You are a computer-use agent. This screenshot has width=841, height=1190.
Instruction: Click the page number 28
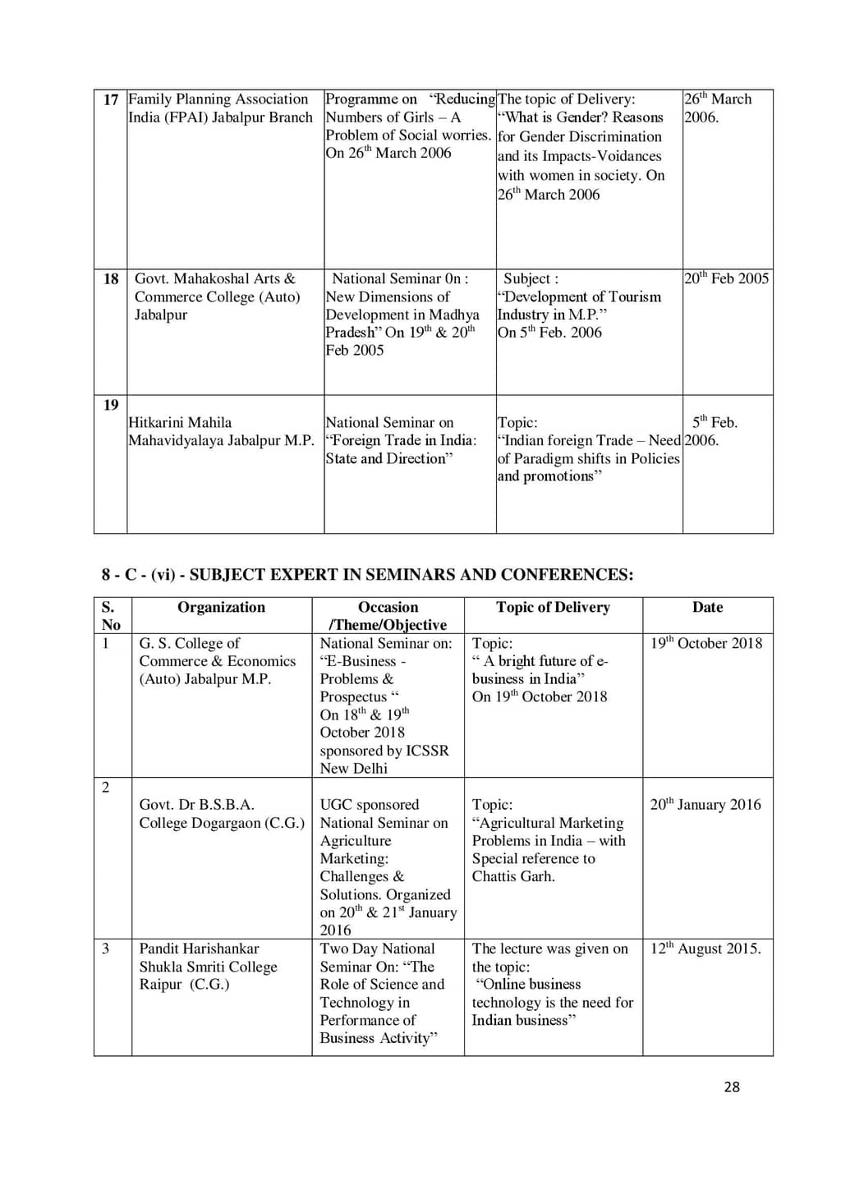[x=732, y=1087]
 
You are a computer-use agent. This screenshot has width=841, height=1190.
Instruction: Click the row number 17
[x=111, y=99]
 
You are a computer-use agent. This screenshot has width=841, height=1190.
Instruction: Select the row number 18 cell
[x=111, y=279]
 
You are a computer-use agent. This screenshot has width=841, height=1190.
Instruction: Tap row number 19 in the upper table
[x=111, y=405]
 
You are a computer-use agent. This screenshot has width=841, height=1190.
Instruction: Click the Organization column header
[x=221, y=607]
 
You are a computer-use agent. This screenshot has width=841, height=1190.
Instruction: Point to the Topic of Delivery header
[x=553, y=607]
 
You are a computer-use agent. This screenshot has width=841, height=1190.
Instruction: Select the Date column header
[x=707, y=607]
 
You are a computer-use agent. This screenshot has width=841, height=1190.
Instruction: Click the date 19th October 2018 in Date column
[x=706, y=643]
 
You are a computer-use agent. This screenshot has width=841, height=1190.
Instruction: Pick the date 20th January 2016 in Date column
[x=705, y=805]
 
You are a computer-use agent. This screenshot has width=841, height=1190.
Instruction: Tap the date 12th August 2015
[x=705, y=949]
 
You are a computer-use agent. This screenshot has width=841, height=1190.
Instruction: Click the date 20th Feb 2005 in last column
[x=726, y=278]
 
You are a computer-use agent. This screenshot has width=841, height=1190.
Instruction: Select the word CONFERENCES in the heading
[x=567, y=575]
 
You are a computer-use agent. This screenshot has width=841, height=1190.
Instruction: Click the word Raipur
[x=160, y=984]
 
